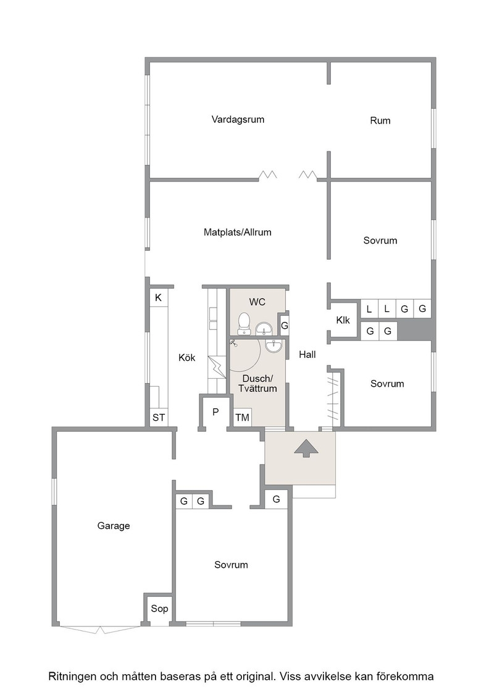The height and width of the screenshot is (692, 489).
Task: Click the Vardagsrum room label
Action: click(x=238, y=120)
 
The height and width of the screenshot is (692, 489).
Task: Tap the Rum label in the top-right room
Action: click(x=380, y=120)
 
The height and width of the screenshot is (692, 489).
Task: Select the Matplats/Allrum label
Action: click(x=237, y=232)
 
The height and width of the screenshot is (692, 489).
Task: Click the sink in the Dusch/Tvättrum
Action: click(x=274, y=347)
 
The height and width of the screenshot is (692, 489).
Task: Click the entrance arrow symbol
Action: click(x=306, y=449)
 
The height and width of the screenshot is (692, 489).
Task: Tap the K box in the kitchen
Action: click(x=158, y=298)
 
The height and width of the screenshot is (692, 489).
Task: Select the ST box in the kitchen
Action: click(x=159, y=417)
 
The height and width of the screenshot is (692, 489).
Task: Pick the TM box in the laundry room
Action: click(x=242, y=417)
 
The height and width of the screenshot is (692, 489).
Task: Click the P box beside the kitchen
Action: click(x=215, y=412)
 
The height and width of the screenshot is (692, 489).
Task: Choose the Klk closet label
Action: click(x=343, y=320)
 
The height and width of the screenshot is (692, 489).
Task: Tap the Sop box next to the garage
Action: click(x=159, y=609)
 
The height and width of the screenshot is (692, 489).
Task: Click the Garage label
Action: click(x=114, y=526)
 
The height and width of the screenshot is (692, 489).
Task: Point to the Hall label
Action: click(x=307, y=355)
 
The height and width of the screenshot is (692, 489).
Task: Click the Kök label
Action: click(x=187, y=358)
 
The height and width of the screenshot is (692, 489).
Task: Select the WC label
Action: click(x=257, y=302)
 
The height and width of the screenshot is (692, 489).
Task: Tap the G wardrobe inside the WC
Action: click(x=285, y=326)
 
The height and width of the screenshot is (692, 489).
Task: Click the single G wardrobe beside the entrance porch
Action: click(x=277, y=499)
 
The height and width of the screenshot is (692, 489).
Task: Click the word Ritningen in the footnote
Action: click(x=72, y=677)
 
